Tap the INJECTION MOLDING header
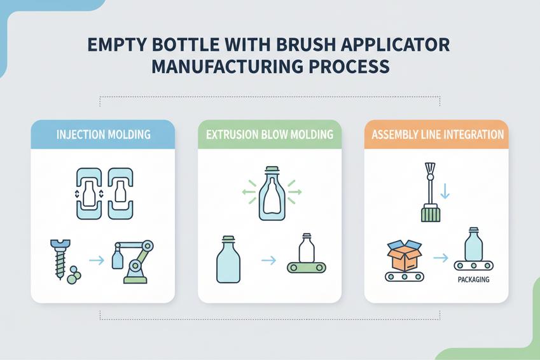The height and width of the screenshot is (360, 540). click(103, 134)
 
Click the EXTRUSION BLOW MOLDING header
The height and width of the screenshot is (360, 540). click(270, 134)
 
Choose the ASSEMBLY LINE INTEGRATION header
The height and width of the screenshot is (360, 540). click(438, 134)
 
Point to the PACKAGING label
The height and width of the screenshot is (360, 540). click(473, 280)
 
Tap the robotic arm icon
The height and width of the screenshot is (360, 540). click(133, 261)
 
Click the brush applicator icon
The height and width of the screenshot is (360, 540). click(430, 192)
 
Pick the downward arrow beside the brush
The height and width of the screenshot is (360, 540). click(445, 191)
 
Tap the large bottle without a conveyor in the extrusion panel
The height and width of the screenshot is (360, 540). click(228, 260)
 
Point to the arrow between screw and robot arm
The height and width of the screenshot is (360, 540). click(97, 260)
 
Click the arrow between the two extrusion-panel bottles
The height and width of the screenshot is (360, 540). click(268, 260)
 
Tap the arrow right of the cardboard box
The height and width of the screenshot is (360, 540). click(441, 258)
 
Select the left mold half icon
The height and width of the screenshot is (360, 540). click(89, 193)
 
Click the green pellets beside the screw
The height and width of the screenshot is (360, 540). click(74, 275)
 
